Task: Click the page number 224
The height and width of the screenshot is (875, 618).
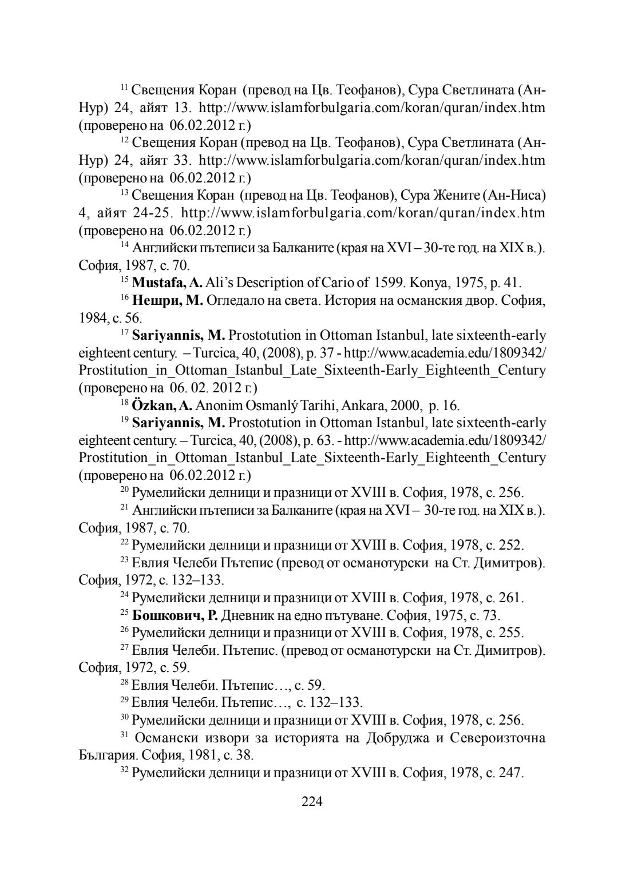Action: click(x=312, y=802)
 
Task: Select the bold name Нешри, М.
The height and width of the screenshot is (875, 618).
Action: click(x=168, y=301)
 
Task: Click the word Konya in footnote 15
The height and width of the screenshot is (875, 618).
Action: click(x=423, y=283)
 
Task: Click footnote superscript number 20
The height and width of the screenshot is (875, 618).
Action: click(x=125, y=490)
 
